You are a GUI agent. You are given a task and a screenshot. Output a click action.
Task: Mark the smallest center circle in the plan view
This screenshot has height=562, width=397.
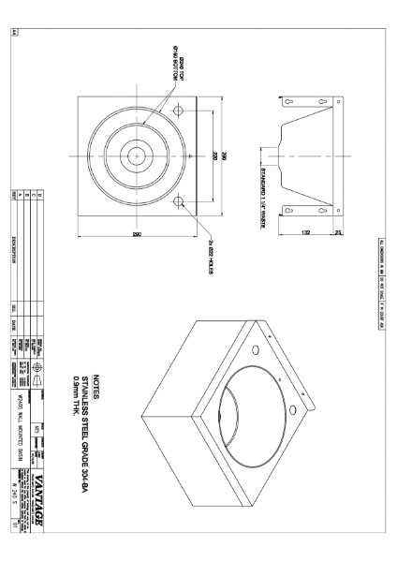pos(141,154)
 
